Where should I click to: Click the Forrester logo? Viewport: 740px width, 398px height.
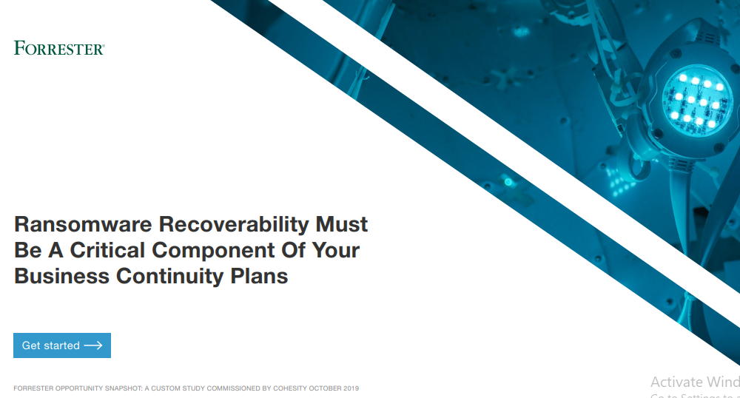(59, 49)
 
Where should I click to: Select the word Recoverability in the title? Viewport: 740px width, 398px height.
(235, 224)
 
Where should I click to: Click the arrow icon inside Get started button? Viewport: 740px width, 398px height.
(93, 345)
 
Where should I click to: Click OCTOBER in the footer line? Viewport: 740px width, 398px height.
(326, 388)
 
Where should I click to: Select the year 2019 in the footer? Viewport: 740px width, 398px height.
(351, 388)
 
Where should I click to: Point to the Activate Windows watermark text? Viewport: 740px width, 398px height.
(694, 382)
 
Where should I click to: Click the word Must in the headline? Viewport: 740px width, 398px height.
(342, 224)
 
